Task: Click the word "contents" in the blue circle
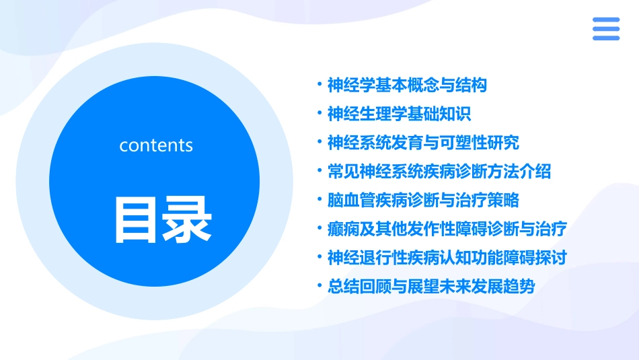coord(156,145)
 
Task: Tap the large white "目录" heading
coord(163,219)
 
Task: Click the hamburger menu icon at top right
coord(605,29)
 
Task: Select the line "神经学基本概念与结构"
coord(406,85)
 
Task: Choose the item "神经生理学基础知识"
coord(399,114)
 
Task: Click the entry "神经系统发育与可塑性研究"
coord(422,143)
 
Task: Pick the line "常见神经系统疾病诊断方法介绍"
coord(439,172)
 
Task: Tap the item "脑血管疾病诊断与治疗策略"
coord(422,201)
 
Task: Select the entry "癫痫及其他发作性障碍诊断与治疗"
coord(447,229)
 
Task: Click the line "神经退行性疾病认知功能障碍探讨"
coord(447,258)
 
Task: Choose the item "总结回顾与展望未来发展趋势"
coord(430,287)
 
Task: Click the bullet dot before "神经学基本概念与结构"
coord(319,85)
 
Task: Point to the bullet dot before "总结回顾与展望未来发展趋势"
coord(319,287)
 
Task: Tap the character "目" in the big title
coord(137,219)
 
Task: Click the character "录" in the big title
coord(188,219)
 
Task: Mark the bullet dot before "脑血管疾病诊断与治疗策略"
coord(319,201)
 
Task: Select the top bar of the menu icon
coord(605,20)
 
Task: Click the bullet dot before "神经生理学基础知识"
coord(319,114)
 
